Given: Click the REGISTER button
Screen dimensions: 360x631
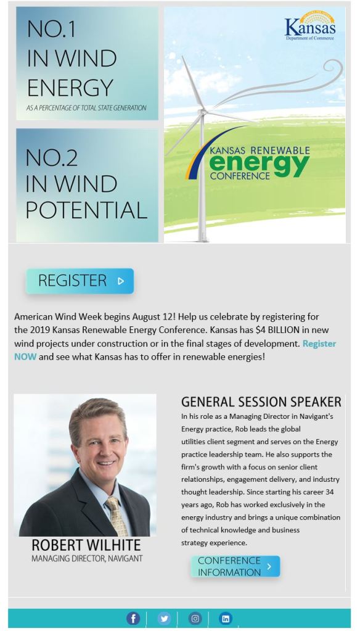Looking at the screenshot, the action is [80, 281].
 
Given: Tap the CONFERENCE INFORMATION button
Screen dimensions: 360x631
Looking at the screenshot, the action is [235, 566].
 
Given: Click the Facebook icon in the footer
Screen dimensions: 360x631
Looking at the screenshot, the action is [133, 618].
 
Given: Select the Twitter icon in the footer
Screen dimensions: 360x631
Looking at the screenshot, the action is [164, 618].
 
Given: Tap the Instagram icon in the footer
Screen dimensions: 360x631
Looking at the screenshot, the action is [195, 618].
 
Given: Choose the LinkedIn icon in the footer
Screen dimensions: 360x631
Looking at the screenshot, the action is [226, 618].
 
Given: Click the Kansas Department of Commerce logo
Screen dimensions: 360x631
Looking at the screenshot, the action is [310, 26].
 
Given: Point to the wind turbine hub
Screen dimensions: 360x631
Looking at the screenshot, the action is [203, 110].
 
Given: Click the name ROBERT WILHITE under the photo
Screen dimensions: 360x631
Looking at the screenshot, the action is [86, 545].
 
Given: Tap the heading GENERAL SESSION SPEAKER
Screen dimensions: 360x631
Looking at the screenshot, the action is [261, 402].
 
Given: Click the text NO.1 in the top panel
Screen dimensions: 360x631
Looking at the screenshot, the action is [51, 29].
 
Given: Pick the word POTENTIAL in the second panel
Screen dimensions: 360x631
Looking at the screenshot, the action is [86, 210].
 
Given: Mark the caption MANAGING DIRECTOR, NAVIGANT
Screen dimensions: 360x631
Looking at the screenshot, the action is [87, 559].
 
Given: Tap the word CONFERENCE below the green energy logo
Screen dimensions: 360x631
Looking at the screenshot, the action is [240, 176].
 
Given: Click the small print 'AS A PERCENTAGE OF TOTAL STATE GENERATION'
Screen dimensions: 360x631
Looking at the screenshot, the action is [86, 108].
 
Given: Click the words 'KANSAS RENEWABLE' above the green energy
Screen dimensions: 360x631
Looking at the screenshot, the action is [260, 151].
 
